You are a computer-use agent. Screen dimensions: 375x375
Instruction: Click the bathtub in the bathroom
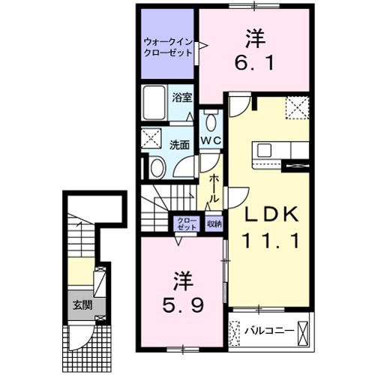pyautogui.click(x=155, y=103)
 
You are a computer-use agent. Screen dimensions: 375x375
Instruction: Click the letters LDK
pyautogui.click(x=274, y=215)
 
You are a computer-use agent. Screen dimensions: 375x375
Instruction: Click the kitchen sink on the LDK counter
pyautogui.click(x=268, y=149)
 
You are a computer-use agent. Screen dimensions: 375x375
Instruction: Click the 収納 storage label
pyautogui.click(x=214, y=222)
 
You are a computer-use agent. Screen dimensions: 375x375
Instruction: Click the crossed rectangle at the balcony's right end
pyautogui.click(x=303, y=328)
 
